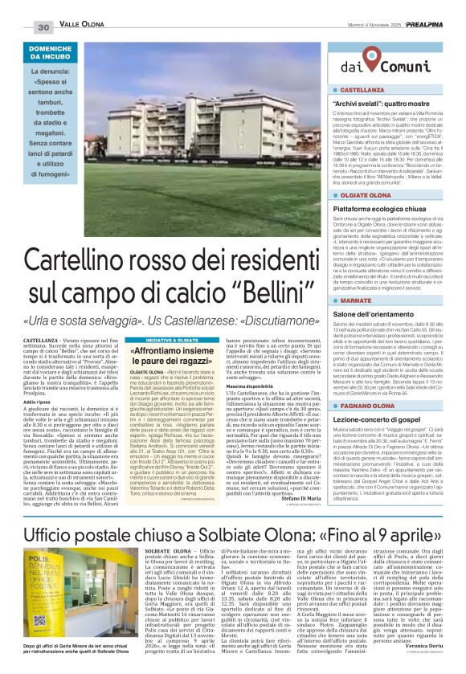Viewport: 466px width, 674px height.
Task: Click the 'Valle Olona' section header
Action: [82, 27]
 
